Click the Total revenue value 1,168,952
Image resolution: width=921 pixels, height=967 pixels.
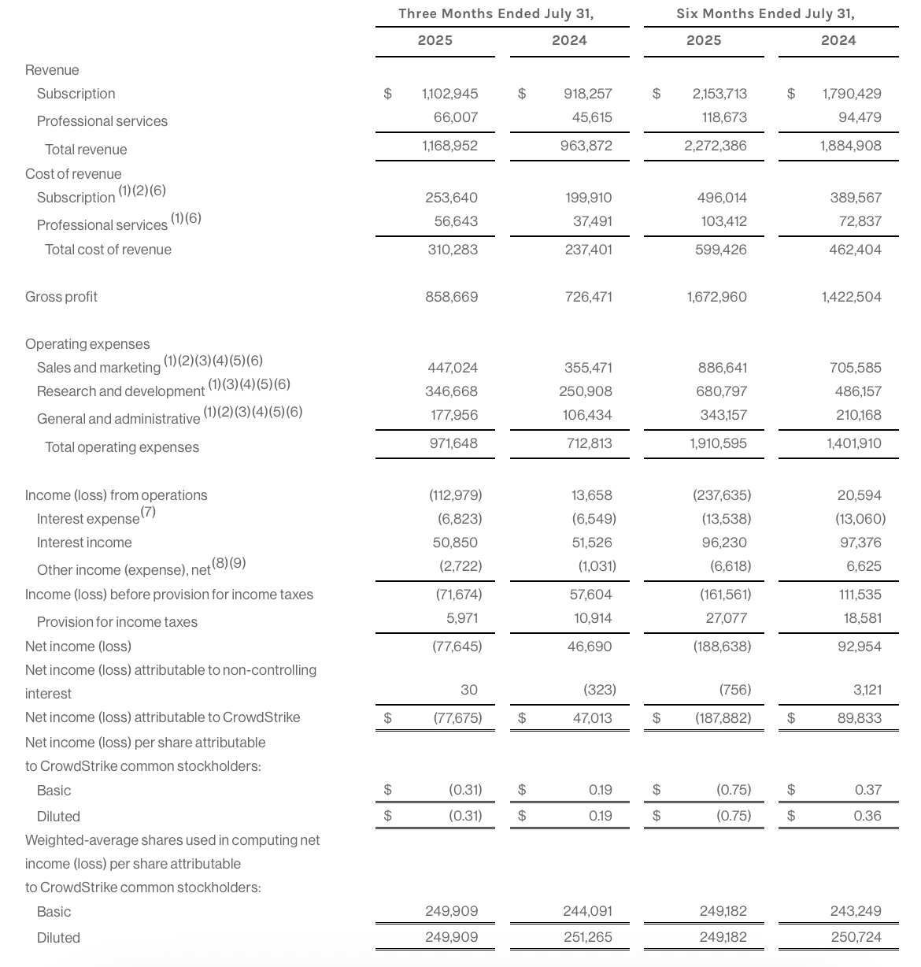pos(449,146)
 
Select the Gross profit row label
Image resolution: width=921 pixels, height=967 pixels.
pos(61,297)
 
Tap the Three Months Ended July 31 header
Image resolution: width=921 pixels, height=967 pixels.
pos(496,13)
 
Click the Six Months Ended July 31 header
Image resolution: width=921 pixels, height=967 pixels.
pos(765,13)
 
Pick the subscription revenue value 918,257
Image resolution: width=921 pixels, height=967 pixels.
pos(587,94)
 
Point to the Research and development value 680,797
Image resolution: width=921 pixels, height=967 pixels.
pos(721,391)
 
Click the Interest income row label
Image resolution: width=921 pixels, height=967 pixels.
pos(84,543)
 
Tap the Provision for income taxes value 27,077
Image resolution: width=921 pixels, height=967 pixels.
pos(726,618)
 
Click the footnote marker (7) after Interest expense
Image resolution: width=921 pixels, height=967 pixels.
pos(148,512)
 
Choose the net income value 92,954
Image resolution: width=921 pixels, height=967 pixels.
pos(859,647)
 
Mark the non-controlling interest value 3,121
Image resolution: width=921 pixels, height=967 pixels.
pos(867,690)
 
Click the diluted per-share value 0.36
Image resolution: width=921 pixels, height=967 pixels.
pos(867,816)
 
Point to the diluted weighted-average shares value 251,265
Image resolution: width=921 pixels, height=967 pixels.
pos(587,938)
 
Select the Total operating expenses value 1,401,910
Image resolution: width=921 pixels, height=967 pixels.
pos(853,443)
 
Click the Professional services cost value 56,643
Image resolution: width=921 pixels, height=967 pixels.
pos(456,221)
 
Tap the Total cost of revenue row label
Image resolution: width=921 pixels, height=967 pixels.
pos(108,250)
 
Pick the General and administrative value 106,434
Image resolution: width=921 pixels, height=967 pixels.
pos(587,415)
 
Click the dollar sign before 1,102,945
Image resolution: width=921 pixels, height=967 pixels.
pos(387,94)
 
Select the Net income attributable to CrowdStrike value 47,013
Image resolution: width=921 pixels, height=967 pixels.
pos(592,718)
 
